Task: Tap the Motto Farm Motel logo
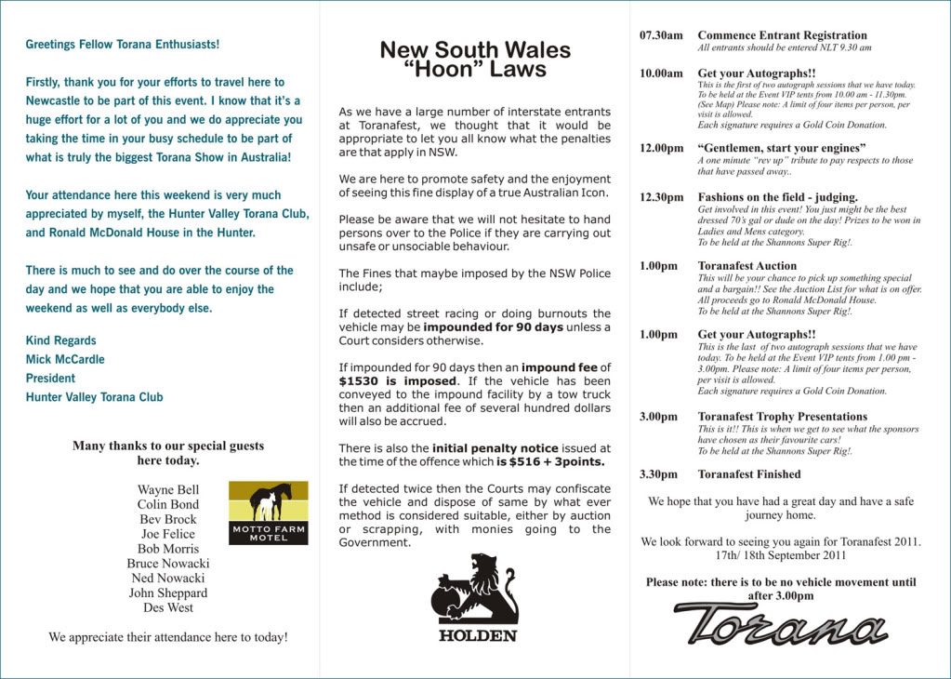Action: pos(268,513)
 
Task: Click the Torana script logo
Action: pos(781,623)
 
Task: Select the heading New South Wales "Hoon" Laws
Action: pos(475,59)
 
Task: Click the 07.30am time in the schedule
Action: pos(661,35)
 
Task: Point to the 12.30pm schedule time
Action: pos(661,197)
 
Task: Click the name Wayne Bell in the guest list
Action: pos(168,489)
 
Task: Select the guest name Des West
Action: pos(168,607)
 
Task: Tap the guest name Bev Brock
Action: pos(168,519)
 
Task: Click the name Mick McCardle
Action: pos(65,359)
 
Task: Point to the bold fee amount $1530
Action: pos(358,381)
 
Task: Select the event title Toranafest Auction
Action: pos(747,266)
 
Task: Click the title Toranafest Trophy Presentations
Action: pos(782,417)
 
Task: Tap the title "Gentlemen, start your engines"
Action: pos(782,148)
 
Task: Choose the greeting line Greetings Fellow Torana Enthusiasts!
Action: pos(123,44)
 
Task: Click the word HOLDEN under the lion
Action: pos(477,636)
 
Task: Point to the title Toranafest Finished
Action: pos(749,474)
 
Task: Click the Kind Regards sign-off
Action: pos(60,340)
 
